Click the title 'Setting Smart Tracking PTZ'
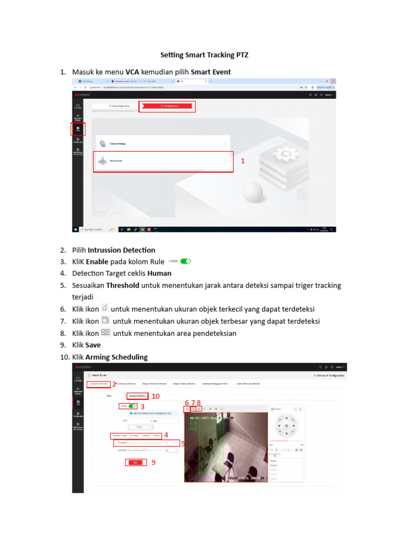(x=204, y=55)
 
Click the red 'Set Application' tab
(x=167, y=107)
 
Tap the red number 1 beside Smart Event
(x=243, y=160)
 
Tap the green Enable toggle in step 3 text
(x=185, y=262)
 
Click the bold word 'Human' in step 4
(x=159, y=274)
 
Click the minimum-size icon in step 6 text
(x=105, y=308)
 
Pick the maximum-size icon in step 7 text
(x=105, y=320)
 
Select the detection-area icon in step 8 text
(x=105, y=333)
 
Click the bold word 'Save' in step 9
(x=93, y=345)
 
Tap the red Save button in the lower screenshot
(x=135, y=463)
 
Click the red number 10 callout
(x=156, y=396)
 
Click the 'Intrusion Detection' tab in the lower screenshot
(x=99, y=384)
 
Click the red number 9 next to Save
(x=153, y=463)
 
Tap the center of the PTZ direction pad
(x=287, y=426)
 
